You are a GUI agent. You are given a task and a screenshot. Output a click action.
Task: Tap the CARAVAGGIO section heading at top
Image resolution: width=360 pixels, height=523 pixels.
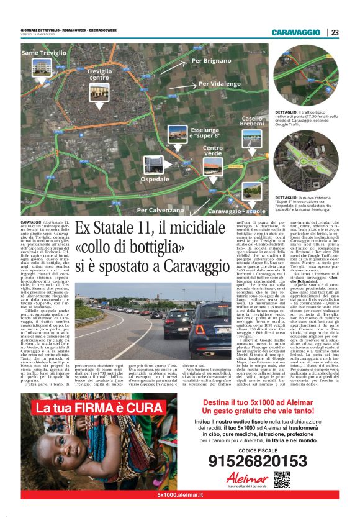[296, 33]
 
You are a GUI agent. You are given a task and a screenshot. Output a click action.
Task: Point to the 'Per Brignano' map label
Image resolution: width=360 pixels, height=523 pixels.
[210, 61]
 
